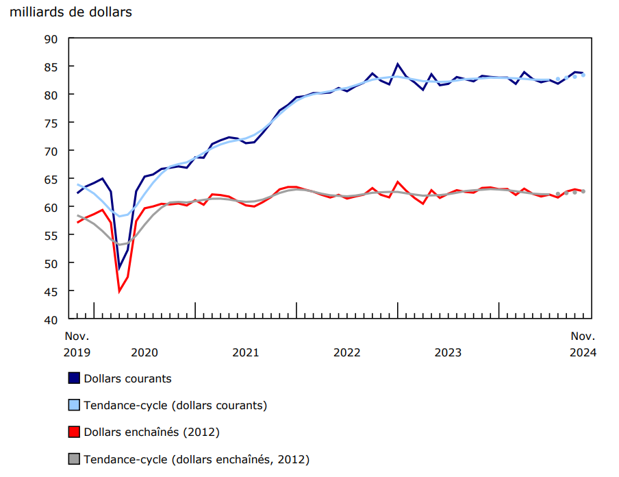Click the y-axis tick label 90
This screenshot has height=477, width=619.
click(52, 38)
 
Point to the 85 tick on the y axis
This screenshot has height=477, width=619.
click(52, 66)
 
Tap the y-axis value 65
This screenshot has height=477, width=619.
click(52, 179)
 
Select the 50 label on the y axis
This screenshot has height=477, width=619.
click(52, 263)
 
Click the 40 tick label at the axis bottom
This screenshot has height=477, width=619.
click(52, 319)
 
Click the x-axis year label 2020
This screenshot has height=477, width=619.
click(144, 352)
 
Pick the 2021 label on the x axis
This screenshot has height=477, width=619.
click(245, 352)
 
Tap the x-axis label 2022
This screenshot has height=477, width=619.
click(346, 352)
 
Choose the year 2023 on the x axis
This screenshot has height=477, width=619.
click(448, 352)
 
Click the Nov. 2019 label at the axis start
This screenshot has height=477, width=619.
click(77, 344)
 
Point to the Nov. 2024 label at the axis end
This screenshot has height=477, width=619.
click(583, 344)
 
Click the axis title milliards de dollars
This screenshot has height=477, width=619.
click(71, 12)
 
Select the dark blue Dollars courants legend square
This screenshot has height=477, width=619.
click(74, 378)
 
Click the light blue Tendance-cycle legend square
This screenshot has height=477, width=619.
click(74, 405)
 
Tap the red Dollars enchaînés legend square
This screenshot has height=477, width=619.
click(74, 432)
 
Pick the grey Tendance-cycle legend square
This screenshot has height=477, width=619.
click(74, 459)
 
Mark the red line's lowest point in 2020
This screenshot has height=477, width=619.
click(119, 291)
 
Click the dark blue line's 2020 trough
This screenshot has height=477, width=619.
click(119, 268)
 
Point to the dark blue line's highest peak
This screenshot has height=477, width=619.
click(398, 64)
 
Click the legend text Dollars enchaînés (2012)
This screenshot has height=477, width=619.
click(151, 432)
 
